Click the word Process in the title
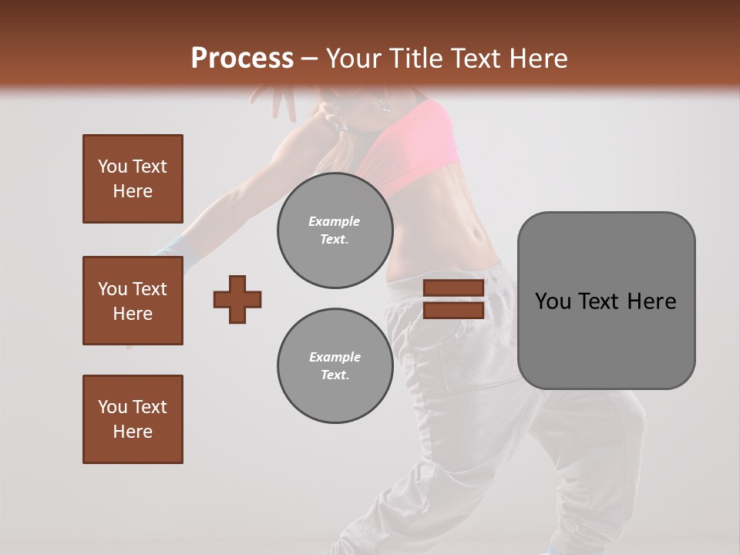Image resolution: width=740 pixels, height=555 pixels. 242,59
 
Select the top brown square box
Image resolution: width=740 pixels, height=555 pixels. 133,179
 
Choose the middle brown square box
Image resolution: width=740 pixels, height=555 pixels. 133,301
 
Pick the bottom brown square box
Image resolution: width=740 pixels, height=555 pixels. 133,419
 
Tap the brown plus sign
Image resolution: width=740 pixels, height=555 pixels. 237,299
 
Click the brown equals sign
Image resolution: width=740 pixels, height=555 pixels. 453,299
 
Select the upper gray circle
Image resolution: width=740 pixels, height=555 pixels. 335,230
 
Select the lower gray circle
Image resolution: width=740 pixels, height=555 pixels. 335,366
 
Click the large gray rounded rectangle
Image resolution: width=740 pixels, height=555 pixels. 606,301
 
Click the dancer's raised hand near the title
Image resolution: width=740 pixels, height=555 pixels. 277,100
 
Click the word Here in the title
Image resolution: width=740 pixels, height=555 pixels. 540,59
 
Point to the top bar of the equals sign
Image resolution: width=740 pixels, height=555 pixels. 453,288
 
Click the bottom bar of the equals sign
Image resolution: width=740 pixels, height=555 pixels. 453,310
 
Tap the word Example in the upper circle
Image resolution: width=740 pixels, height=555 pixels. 334,221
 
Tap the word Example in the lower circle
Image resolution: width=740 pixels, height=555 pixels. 334,357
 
